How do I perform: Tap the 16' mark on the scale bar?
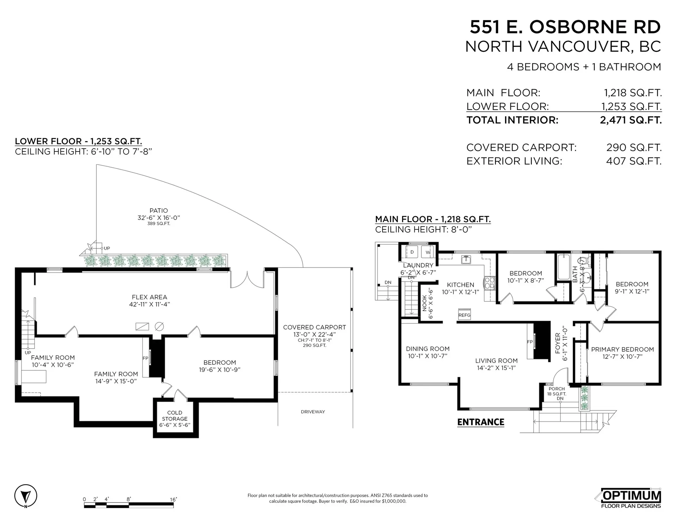coord(173,499)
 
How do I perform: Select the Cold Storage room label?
coord(175,419)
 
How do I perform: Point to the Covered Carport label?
coord(315,327)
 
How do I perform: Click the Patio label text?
coord(159,211)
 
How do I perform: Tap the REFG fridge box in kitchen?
coord(464,315)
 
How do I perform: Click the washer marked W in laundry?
coord(428,252)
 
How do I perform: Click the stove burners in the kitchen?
coord(490,283)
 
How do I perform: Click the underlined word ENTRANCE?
coord(481,422)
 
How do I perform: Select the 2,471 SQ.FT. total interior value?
coord(630,120)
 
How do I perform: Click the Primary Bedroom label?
coord(622,350)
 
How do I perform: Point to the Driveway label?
coord(313,412)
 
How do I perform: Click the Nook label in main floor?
coord(425,303)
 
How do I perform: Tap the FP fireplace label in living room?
coord(530,342)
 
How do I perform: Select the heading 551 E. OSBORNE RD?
coord(565,27)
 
